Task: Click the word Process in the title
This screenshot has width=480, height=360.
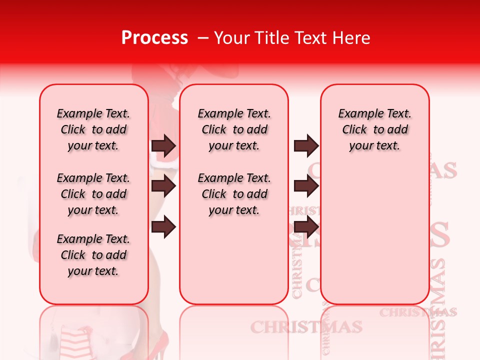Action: pyautogui.click(x=154, y=38)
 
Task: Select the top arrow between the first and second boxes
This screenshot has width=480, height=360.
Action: pyautogui.click(x=163, y=146)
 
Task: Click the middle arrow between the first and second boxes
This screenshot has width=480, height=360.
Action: pyautogui.click(x=163, y=186)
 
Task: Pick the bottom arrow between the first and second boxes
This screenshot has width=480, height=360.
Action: pyautogui.click(x=163, y=227)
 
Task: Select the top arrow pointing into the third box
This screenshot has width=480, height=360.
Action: pyautogui.click(x=306, y=146)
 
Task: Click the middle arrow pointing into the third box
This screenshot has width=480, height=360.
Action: pyautogui.click(x=306, y=186)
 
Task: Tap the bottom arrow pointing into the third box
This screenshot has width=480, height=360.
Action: pyautogui.click(x=306, y=227)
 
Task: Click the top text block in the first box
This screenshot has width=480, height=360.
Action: pyautogui.click(x=93, y=129)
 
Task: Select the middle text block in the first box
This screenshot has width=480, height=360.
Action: pyautogui.click(x=93, y=194)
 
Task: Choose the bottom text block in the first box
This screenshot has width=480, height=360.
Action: pyautogui.click(x=93, y=255)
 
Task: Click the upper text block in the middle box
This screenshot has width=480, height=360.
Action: pyautogui.click(x=234, y=129)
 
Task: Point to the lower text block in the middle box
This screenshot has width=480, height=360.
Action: pyautogui.click(x=234, y=194)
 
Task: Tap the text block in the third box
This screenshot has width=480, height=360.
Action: pyautogui.click(x=375, y=129)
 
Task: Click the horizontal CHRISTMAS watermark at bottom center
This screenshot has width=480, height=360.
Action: pyautogui.click(x=306, y=327)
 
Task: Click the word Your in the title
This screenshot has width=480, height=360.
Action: pyautogui.click(x=230, y=38)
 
